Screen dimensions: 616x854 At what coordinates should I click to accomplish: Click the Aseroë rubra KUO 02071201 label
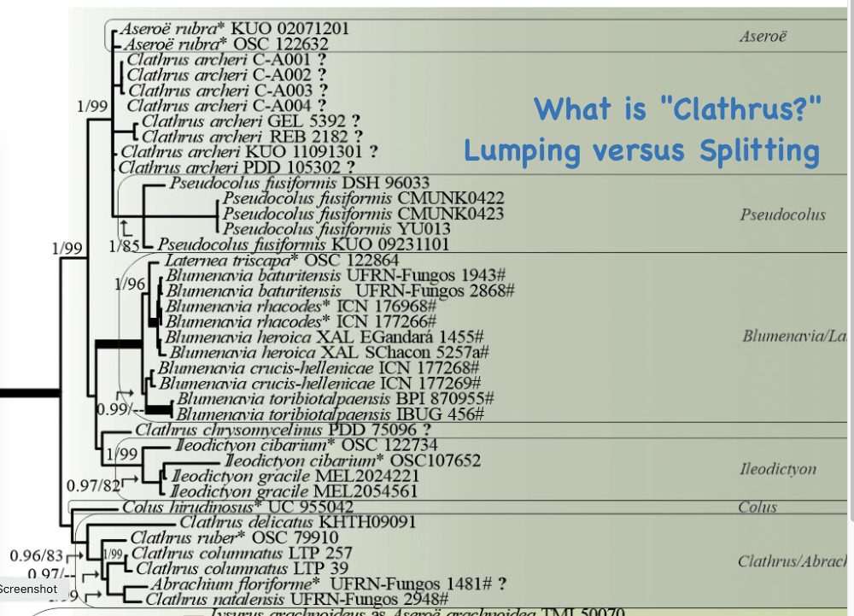[x=235, y=28]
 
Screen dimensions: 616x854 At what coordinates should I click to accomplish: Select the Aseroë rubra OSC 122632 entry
[x=227, y=44]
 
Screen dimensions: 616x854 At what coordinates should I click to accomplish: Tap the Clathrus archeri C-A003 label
[x=227, y=90]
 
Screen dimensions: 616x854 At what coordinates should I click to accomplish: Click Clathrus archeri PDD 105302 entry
[x=237, y=167]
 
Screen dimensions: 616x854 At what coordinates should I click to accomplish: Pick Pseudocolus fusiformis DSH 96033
[x=299, y=183]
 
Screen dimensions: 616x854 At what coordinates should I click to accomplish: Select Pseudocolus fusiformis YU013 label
[x=337, y=229]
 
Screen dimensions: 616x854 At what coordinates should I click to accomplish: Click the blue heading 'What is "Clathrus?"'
[x=678, y=109]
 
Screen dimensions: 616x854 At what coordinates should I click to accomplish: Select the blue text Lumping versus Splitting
[x=641, y=150]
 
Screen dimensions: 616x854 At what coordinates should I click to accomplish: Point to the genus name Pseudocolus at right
[x=782, y=214]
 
